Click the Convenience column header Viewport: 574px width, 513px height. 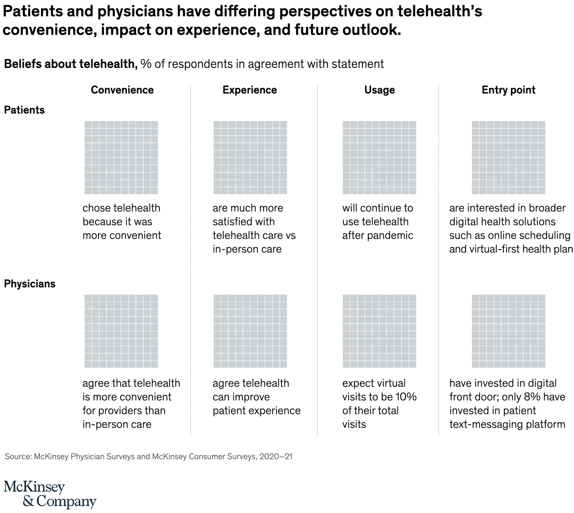122,90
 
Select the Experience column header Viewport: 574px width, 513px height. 250,90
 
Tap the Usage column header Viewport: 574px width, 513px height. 379,90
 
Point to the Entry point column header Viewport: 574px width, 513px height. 509,90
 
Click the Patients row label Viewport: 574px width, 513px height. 24,110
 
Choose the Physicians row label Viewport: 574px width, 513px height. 30,284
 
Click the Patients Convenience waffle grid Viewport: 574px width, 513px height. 121,158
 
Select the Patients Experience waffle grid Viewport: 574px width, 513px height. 250,158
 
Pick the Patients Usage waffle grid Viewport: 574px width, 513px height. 379,158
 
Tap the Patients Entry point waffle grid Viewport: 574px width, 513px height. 509,158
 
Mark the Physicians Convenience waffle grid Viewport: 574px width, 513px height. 121,331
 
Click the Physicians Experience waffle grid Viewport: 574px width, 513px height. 250,331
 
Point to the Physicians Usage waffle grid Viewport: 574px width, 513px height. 379,331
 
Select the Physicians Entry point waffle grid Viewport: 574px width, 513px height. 509,331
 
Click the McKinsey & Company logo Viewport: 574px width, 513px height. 50,494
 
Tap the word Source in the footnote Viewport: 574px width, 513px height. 18,456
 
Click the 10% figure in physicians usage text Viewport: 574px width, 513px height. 406,397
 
